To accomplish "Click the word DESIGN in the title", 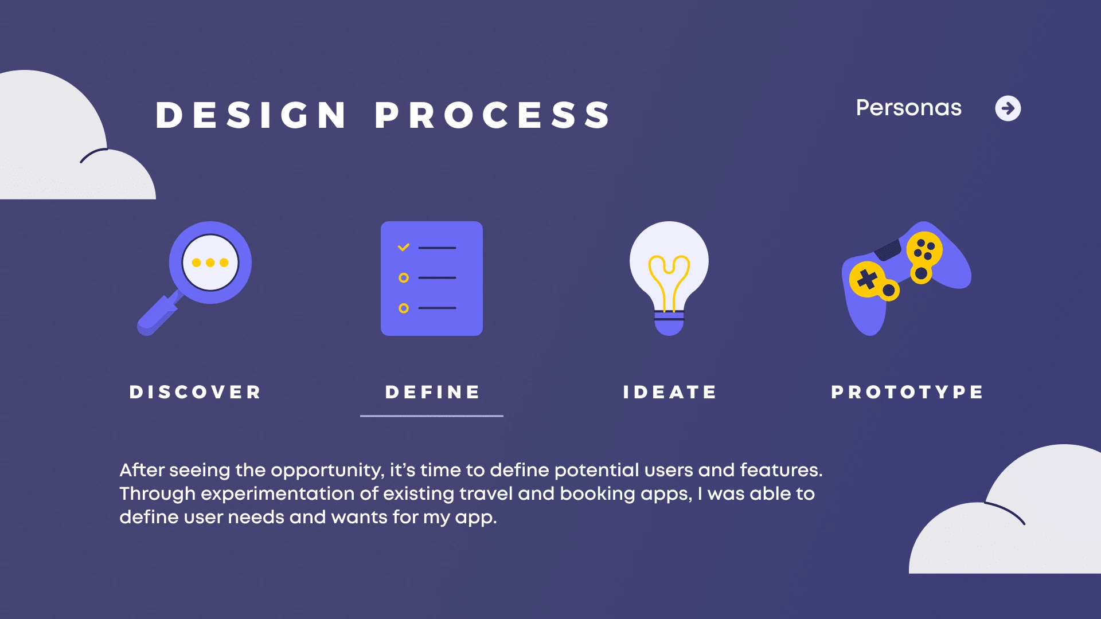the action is point(251,115).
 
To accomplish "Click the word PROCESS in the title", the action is point(493,115).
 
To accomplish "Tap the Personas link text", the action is point(909,108).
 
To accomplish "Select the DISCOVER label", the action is point(195,392).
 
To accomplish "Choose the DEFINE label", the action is point(432,392).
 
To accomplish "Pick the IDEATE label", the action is point(670,392).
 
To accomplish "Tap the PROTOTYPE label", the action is point(907,392).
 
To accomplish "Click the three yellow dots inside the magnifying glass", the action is point(210,263).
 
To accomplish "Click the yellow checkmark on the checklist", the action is point(404,247).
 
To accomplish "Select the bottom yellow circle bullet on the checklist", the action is point(404,308).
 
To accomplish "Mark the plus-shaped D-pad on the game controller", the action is point(867,279).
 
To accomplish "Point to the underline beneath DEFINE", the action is point(432,416).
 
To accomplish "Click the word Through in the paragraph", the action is point(157,493).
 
